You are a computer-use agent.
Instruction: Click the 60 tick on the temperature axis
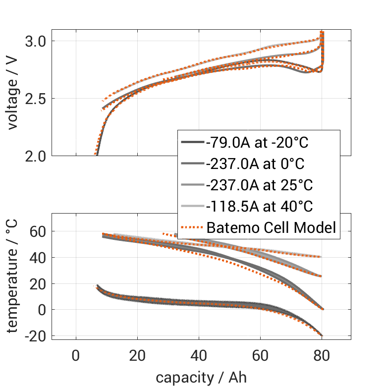[x=37, y=231]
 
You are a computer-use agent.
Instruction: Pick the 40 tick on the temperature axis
[x=37, y=258]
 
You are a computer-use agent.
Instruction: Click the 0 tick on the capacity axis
[x=76, y=356]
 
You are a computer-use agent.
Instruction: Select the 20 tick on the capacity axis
[x=137, y=356]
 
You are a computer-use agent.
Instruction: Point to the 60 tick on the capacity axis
[x=260, y=356]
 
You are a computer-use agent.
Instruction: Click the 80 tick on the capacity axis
[x=322, y=356]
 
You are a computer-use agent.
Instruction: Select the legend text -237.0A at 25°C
[x=260, y=185]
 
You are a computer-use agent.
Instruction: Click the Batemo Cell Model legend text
[x=272, y=227]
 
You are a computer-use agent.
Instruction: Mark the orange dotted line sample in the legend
[x=191, y=227]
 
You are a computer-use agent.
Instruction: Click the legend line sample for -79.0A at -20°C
[x=191, y=143]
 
